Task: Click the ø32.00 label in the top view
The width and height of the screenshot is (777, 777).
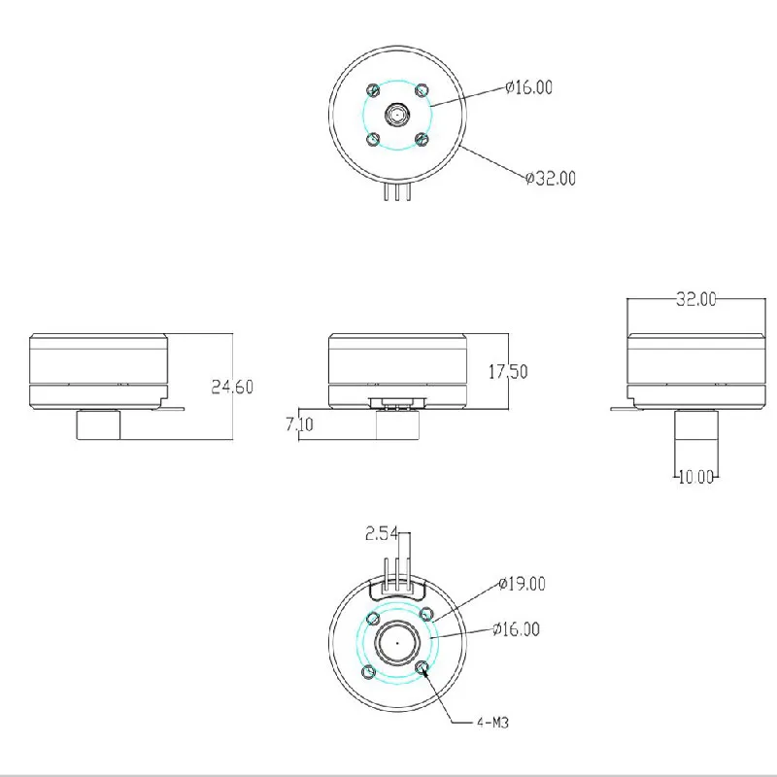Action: [x=550, y=178]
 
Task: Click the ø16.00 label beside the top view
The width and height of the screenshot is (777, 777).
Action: [x=529, y=87]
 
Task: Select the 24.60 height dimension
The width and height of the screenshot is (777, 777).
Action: [x=232, y=387]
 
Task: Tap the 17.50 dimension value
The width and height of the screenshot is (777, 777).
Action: [x=506, y=371]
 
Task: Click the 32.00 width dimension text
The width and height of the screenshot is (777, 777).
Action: [x=695, y=299]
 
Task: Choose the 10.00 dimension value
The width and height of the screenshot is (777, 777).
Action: [x=695, y=476]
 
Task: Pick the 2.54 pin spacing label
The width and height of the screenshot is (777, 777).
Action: [x=382, y=533]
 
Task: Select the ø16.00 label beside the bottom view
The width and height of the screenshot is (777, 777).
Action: [x=516, y=629]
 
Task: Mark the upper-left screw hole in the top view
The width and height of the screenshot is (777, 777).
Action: [x=373, y=90]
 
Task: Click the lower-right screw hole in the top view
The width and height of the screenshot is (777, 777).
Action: [x=421, y=139]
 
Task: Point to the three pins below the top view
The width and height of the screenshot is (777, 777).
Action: [x=397, y=194]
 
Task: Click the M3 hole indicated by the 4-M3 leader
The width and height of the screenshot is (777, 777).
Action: [x=422, y=669]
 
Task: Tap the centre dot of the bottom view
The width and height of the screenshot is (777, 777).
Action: [x=396, y=642]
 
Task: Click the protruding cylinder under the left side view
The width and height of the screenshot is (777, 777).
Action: [x=99, y=425]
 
